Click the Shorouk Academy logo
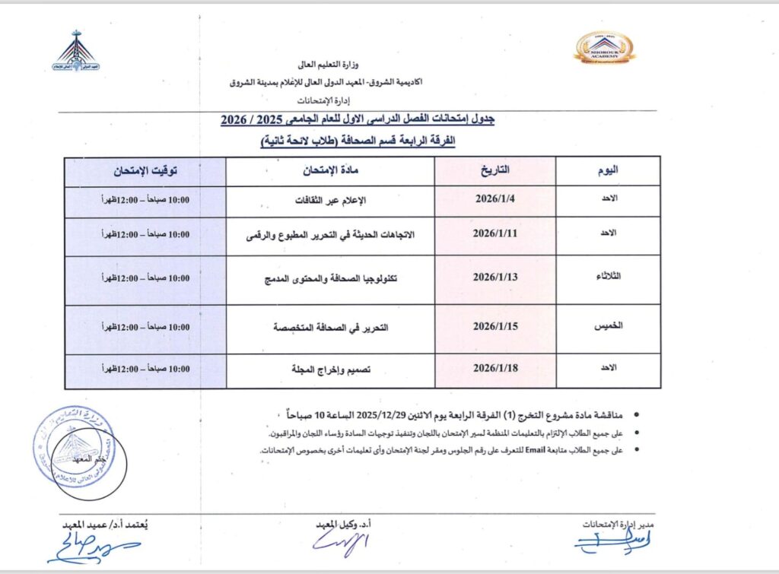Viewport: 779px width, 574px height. (604, 47)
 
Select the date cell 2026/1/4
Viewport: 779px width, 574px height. (495, 201)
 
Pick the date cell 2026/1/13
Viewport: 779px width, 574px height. (495, 277)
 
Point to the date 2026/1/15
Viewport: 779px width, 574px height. (495, 327)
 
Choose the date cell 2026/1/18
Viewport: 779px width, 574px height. (495, 369)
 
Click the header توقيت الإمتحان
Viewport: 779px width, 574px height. (146, 170)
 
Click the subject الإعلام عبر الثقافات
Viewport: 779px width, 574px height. (331, 201)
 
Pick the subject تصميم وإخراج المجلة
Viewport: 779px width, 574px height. (330, 369)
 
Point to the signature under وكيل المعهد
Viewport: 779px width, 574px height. (340, 543)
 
